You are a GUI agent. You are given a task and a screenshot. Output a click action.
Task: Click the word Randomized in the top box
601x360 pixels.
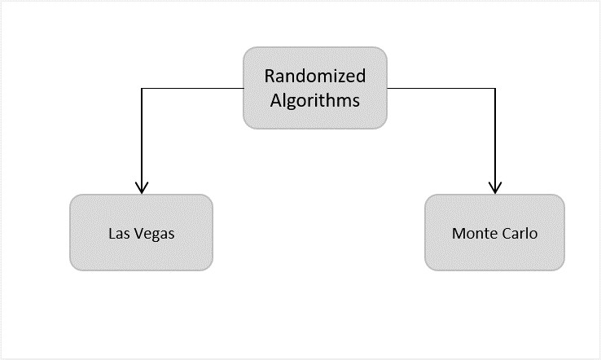point(315,76)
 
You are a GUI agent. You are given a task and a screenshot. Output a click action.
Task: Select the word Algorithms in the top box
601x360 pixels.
point(315,102)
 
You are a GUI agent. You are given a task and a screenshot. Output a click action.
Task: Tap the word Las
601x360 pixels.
point(119,233)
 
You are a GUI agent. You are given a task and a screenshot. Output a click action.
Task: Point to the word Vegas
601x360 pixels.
point(155,234)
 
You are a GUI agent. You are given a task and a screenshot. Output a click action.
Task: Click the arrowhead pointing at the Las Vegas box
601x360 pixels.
point(142,188)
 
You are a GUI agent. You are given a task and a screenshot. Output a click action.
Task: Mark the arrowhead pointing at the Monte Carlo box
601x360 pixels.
point(495,188)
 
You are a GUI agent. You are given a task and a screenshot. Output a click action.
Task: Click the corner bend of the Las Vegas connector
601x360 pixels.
point(142,88)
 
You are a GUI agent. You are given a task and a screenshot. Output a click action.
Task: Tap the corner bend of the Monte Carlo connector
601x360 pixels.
point(495,88)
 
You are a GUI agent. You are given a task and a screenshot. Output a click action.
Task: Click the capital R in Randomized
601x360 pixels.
point(270,76)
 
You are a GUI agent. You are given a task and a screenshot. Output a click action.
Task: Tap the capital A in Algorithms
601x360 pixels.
point(275,102)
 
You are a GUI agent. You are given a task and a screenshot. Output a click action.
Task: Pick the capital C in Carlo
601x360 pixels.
point(507,233)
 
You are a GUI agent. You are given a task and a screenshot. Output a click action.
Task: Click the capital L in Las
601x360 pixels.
point(112,233)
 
